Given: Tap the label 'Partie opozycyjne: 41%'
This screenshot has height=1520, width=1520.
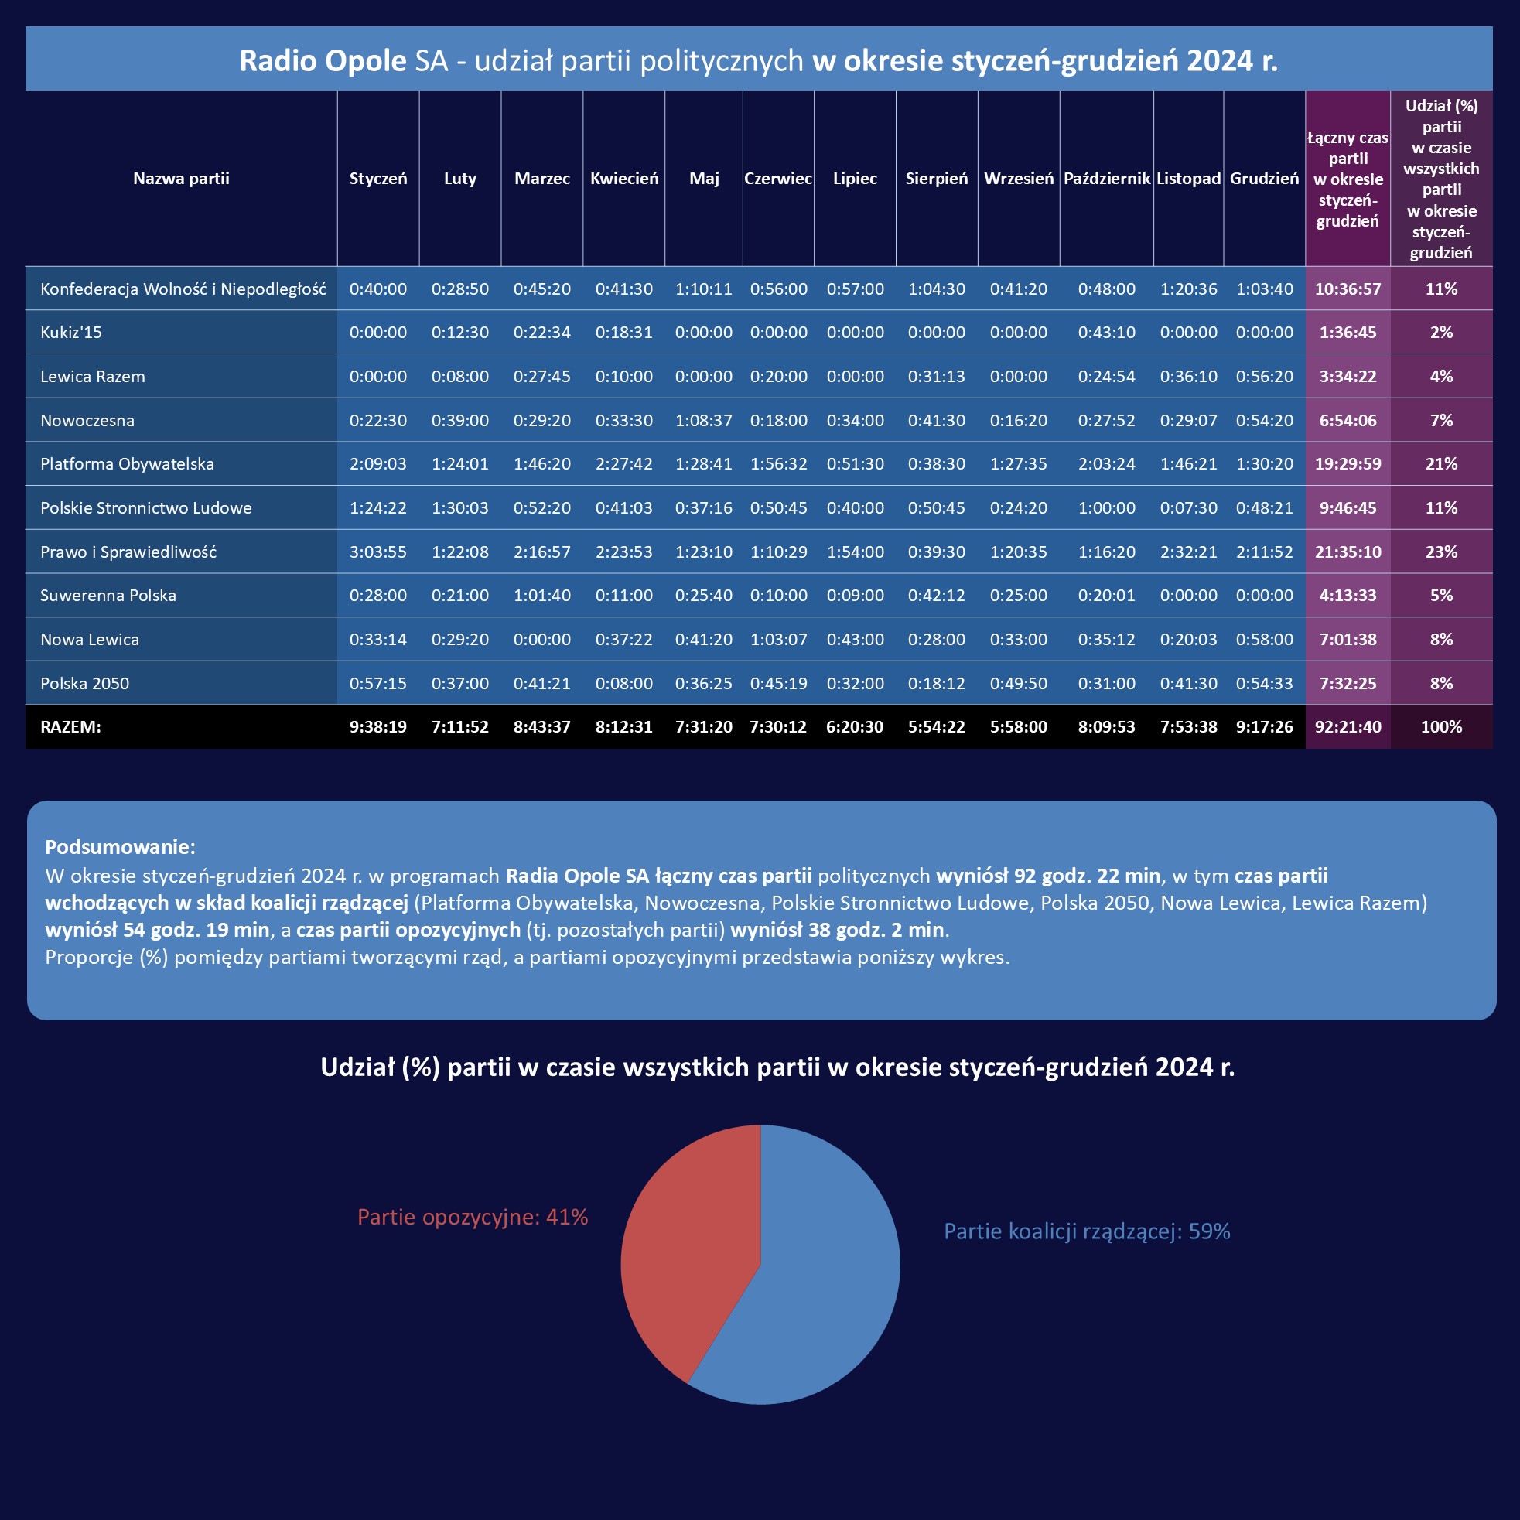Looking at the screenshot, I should (x=472, y=1217).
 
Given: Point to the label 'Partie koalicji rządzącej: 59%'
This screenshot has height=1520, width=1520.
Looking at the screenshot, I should (x=1087, y=1231).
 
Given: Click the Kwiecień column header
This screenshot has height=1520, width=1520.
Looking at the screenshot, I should (x=624, y=179).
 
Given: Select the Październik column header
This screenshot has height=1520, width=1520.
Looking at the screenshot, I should (x=1106, y=179).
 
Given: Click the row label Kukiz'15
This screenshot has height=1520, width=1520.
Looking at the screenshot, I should (x=71, y=332).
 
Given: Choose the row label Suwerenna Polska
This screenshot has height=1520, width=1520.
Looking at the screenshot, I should (x=108, y=596).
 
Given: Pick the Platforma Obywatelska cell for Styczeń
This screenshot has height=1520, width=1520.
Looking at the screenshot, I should (x=377, y=464).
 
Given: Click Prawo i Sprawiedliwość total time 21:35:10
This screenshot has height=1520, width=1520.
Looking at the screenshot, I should (x=1348, y=552).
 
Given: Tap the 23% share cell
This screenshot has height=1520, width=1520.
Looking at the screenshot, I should (x=1440, y=552).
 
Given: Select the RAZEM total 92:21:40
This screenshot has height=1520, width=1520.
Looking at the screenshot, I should (x=1348, y=727).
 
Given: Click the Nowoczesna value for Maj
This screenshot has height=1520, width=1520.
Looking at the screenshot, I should (x=703, y=421).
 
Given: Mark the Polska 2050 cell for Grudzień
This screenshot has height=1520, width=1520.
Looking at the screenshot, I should (x=1263, y=684).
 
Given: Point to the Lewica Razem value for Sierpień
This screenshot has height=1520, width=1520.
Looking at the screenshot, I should (x=936, y=377).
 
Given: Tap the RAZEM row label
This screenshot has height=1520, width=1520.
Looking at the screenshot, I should (x=71, y=727).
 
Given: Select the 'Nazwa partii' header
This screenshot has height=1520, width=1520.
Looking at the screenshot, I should (x=181, y=179).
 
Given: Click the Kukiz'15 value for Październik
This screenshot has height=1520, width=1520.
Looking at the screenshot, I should (x=1106, y=333).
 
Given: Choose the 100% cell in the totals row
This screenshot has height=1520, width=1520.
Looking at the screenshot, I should (x=1440, y=727).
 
